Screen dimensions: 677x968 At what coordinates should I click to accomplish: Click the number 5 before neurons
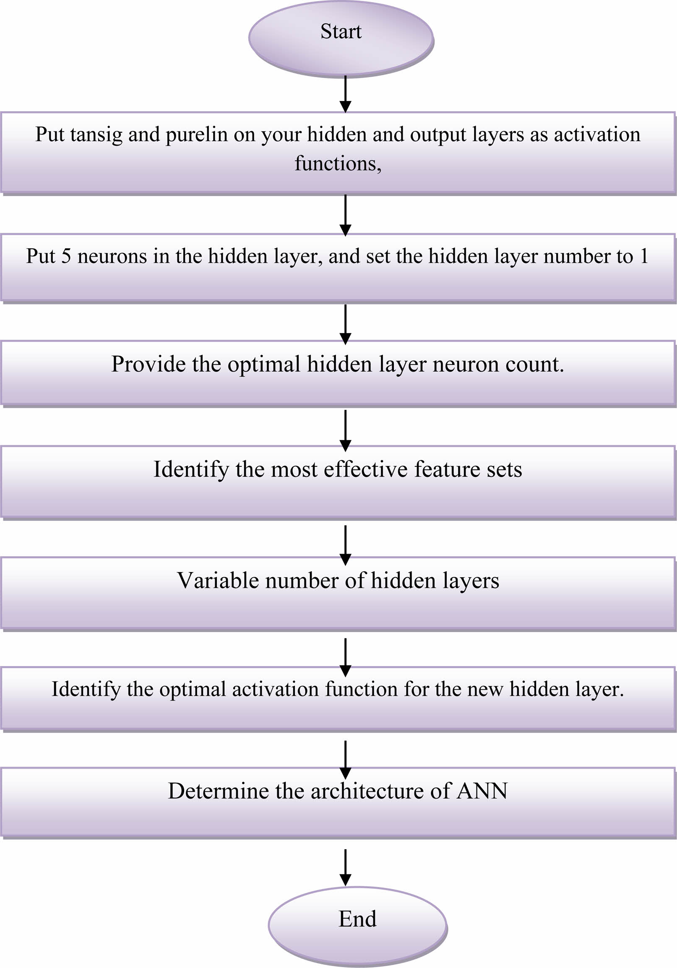[66, 256]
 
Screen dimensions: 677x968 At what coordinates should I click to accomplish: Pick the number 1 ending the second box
[644, 256]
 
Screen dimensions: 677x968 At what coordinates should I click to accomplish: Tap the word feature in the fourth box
[447, 469]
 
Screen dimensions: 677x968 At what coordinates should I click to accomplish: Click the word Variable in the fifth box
[218, 580]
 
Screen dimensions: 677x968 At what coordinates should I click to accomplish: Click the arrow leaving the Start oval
[345, 94]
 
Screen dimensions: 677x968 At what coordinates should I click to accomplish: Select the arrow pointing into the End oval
[345, 868]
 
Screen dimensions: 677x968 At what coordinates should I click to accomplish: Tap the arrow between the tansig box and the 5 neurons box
[345, 215]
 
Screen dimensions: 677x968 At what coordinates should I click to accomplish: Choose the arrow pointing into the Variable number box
[345, 545]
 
